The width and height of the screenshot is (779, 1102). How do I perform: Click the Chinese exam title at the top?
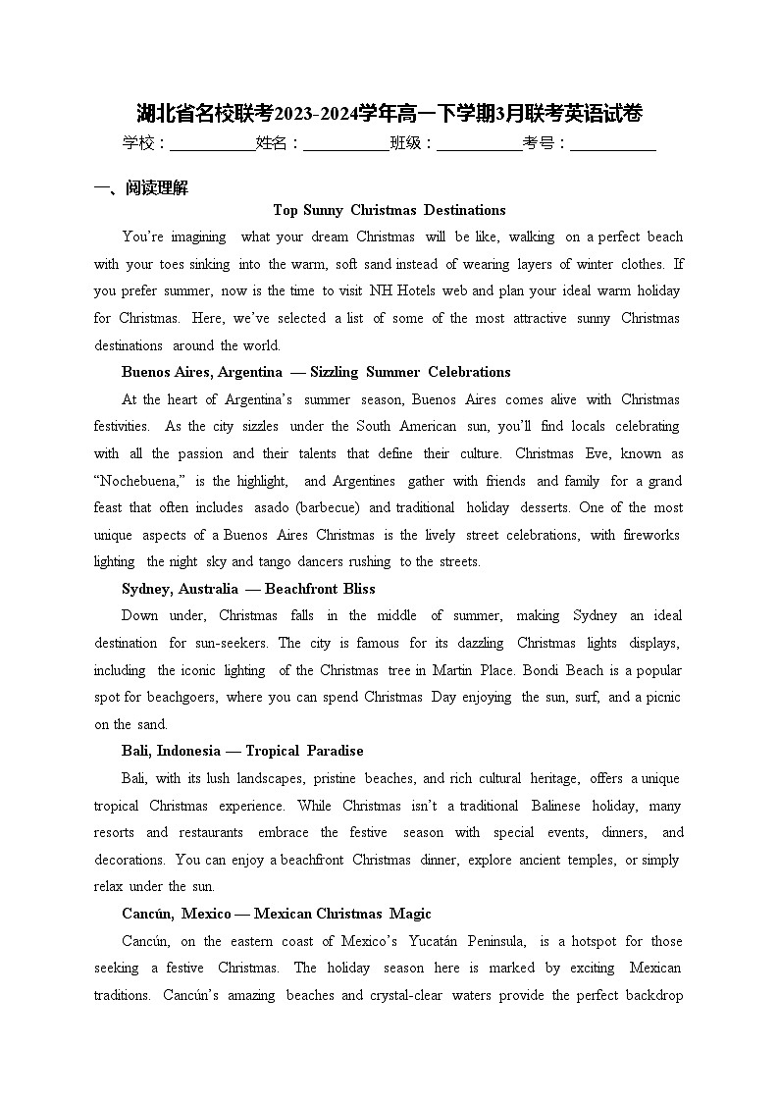pyautogui.click(x=389, y=114)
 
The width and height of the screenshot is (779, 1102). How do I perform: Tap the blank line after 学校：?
pyautogui.click(x=212, y=144)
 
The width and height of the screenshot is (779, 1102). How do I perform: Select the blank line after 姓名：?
pyautogui.click(x=346, y=144)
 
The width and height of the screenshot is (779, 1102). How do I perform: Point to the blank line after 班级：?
pyautogui.click(x=479, y=144)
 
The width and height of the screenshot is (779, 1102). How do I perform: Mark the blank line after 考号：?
pyautogui.click(x=612, y=144)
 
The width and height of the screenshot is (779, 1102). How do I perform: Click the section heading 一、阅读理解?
pyautogui.click(x=140, y=188)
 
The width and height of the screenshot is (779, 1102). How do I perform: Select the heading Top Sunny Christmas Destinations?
pyautogui.click(x=389, y=210)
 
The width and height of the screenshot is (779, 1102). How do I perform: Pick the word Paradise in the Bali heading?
pyautogui.click(x=335, y=751)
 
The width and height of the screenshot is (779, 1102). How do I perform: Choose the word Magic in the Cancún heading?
pyautogui.click(x=410, y=914)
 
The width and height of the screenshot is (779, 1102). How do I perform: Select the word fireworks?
pyautogui.click(x=650, y=535)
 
